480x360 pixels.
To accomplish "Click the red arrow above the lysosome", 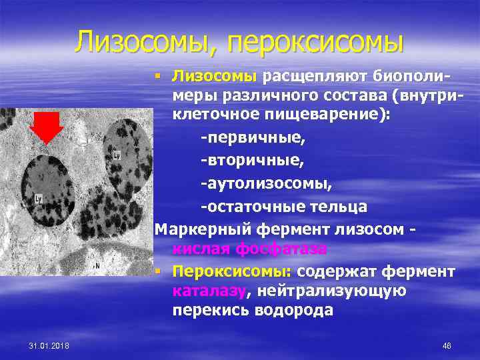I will (47, 127).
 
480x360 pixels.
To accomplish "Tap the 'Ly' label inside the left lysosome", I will (39, 198).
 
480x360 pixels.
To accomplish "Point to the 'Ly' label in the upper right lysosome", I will (117, 155).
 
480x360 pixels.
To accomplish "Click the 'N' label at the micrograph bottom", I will (97, 265).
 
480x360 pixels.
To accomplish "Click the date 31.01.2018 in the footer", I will (53, 345).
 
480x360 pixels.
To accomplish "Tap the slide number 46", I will (447, 345).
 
